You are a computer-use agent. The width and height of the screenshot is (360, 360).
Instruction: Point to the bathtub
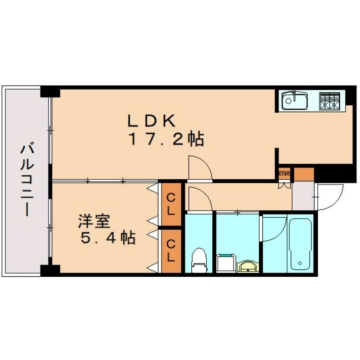(x=300, y=244)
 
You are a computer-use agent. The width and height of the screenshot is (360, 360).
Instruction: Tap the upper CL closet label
(x=171, y=203)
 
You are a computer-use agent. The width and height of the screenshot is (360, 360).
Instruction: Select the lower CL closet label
(x=171, y=250)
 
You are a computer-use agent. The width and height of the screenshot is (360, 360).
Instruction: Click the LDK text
(x=151, y=120)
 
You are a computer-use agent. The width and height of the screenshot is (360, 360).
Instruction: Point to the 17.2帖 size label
(x=166, y=139)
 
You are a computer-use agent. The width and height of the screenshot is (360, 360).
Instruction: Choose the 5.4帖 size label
(x=108, y=238)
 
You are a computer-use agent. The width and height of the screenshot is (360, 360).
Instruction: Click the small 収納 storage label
(x=284, y=172)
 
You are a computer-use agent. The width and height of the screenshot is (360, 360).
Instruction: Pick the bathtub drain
(x=300, y=262)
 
